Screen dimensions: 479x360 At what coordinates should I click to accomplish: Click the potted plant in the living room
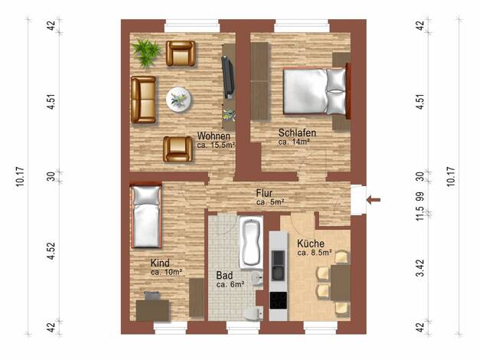point(146,52)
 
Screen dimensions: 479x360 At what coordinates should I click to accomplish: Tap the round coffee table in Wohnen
point(179,100)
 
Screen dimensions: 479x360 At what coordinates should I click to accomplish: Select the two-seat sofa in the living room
point(143,100)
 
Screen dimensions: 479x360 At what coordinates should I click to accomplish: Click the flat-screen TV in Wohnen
point(228,77)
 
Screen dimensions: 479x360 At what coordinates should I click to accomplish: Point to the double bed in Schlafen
point(317,91)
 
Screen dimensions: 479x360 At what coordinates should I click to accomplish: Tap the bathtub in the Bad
point(251,242)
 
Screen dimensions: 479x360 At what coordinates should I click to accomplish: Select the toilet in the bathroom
point(254,313)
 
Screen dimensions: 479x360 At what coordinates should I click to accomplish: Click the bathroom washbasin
point(257,277)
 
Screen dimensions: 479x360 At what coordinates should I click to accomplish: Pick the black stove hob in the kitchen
point(279,299)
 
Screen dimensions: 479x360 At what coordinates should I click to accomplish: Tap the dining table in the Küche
point(341,283)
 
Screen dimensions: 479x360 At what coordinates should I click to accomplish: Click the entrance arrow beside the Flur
point(373,200)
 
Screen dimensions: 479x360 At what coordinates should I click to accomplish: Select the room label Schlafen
point(297,133)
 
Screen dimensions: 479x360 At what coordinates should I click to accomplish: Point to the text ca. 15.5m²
point(216,145)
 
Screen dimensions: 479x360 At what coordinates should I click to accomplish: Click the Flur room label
point(264,193)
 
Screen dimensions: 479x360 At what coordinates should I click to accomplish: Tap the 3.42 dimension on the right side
point(421,267)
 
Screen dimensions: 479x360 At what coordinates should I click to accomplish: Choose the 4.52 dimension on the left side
point(51,250)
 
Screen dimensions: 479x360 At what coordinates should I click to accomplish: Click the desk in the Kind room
point(152,310)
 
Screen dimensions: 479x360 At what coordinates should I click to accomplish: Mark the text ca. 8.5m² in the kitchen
point(314,253)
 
